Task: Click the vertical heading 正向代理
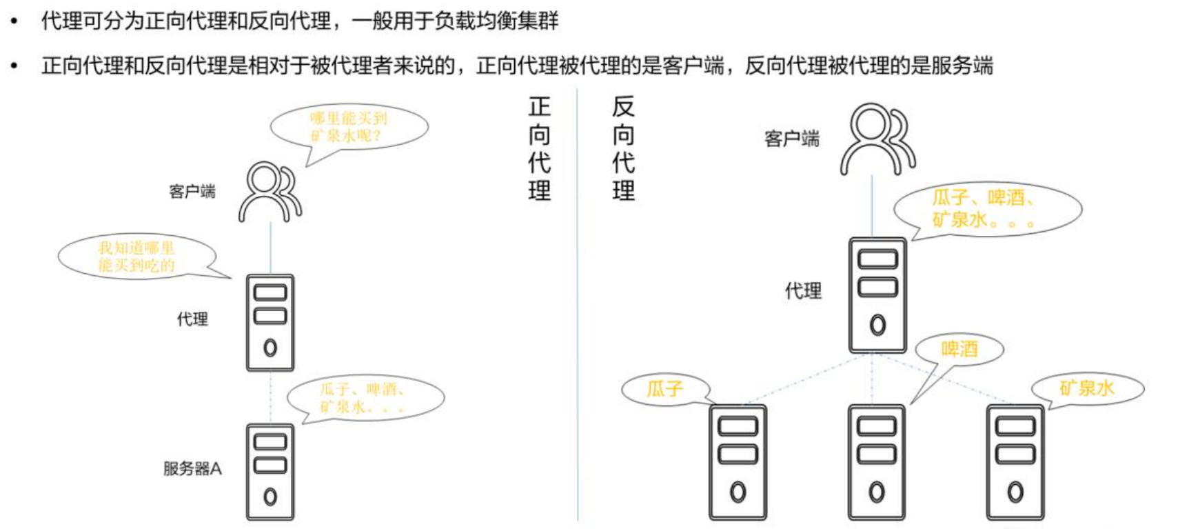point(540,148)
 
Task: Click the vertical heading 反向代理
point(623,148)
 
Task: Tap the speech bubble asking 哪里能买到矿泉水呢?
point(349,127)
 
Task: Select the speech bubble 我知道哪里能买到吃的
point(136,256)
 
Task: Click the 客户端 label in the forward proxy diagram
point(192,191)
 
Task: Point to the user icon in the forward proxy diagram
point(270,191)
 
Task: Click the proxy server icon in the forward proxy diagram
point(270,323)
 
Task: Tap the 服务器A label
point(192,469)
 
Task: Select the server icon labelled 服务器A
point(270,472)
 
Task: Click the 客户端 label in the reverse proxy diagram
point(792,139)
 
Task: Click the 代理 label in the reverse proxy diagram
point(803,291)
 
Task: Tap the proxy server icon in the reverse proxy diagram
point(877,295)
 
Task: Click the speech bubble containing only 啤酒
point(959,349)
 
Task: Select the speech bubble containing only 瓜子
point(665,389)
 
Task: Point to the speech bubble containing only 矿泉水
point(1087,388)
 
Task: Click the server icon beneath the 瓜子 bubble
point(738,462)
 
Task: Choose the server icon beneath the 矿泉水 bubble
point(1015,462)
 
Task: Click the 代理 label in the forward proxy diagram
point(192,319)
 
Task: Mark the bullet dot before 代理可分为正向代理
point(14,21)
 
